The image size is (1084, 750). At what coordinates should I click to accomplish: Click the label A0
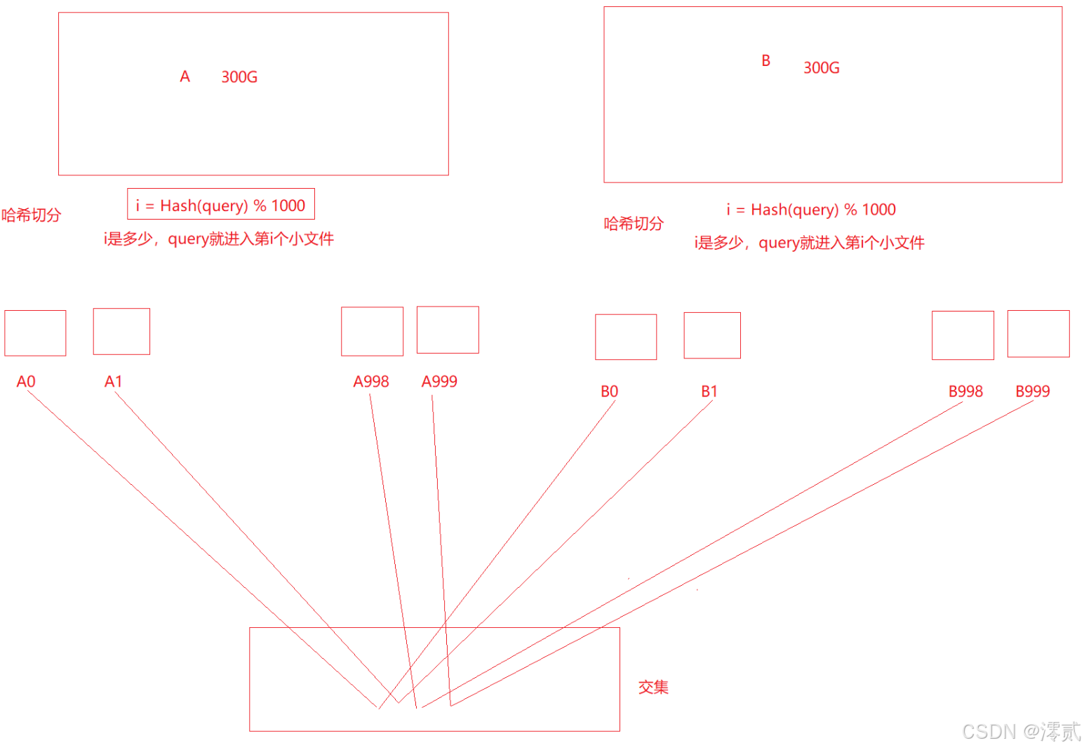pos(26,382)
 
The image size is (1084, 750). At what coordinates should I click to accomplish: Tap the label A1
pos(114,382)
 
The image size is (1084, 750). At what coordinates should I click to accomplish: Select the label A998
pos(371,382)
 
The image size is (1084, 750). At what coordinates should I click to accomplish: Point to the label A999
pos(439,382)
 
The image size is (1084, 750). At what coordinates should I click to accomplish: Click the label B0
pos(609,391)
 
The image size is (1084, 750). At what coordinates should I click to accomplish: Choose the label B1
pos(709,391)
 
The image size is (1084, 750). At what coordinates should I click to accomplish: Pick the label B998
pos(965,391)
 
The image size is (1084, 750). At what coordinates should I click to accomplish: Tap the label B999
pos(1033,391)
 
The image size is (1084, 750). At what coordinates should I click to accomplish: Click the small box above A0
pos(35,333)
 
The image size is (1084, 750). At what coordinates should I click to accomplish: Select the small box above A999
pos(448,330)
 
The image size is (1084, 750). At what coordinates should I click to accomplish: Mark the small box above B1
pos(712,335)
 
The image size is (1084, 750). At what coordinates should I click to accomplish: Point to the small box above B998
pos(963,335)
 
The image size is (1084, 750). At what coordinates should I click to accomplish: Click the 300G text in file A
pos(239,77)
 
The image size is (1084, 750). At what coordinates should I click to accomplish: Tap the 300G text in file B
pos(822,68)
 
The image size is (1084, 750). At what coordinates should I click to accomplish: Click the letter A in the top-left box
pos(185,76)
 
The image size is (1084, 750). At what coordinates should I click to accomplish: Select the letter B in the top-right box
pos(766,61)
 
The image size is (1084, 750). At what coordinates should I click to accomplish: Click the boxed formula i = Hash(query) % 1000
pos(221,205)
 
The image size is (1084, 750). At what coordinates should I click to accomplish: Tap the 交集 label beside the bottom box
pos(653,688)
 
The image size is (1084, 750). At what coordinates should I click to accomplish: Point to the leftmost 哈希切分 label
pos(32,215)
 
